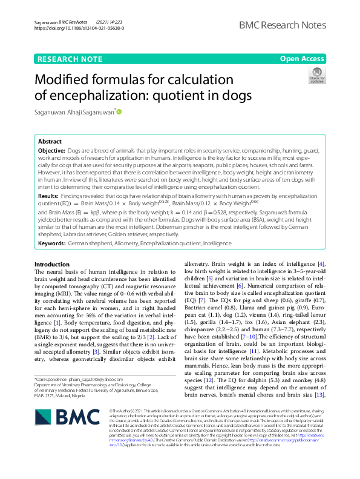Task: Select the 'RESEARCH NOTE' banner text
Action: click(x=70, y=59)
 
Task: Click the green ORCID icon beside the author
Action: click(x=119, y=111)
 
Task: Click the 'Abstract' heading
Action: click(x=50, y=141)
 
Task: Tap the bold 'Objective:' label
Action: click(x=51, y=150)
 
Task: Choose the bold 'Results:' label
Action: click(x=48, y=197)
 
